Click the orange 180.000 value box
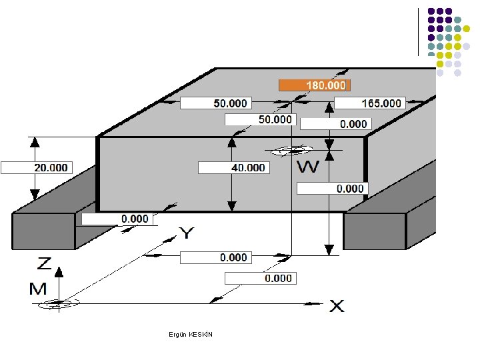click(315, 85)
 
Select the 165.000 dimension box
click(370, 103)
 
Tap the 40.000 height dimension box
click(234, 168)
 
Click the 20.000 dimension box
click(37, 168)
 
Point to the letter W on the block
click(308, 167)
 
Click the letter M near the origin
click(38, 289)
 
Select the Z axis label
click(44, 263)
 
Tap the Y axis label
click(186, 233)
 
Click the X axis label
click(337, 306)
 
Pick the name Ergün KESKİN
click(191, 334)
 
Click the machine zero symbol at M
click(59, 303)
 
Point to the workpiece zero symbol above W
click(292, 150)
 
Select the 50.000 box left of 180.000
click(216, 103)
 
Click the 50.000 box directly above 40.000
click(261, 119)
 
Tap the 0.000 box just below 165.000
click(336, 124)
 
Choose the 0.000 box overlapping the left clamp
click(117, 219)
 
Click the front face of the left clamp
click(43, 231)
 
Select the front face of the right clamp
click(375, 231)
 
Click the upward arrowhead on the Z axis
click(59, 272)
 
